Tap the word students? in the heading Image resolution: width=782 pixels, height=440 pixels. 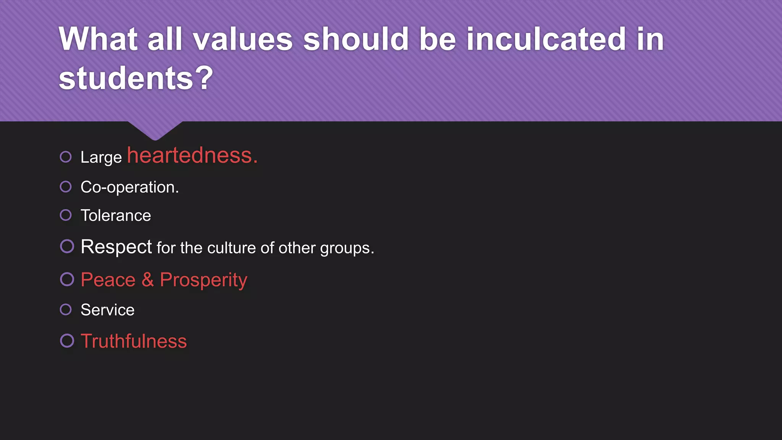click(136, 78)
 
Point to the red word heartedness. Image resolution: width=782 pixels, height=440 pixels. click(192, 155)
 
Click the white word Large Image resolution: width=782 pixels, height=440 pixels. click(101, 157)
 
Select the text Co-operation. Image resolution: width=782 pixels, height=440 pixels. click(129, 187)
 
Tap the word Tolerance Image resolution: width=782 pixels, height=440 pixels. click(116, 215)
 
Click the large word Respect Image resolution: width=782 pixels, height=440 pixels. click(116, 247)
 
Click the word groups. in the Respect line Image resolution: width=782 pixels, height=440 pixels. click(347, 249)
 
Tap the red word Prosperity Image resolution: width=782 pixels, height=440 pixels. click(204, 280)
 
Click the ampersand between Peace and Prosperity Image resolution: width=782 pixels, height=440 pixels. click(148, 280)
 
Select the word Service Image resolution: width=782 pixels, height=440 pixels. click(107, 310)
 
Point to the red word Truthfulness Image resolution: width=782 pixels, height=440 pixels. click(134, 341)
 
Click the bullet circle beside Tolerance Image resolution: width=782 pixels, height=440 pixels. click(66, 215)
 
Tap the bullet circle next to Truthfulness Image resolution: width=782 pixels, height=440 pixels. click(67, 341)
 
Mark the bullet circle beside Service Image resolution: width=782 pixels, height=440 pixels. click(66, 309)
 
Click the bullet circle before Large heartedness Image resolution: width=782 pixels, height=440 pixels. click(66, 157)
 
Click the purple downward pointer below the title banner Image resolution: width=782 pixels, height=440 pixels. click(155, 130)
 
